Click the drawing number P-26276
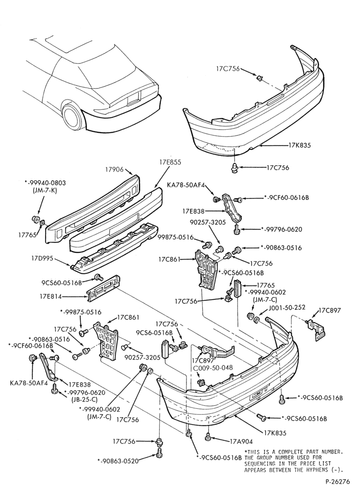[x=338, y=482]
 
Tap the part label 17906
[x=114, y=170]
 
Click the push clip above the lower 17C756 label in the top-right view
[x=235, y=168]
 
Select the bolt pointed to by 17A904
[x=208, y=437]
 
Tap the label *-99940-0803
[x=45, y=184]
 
